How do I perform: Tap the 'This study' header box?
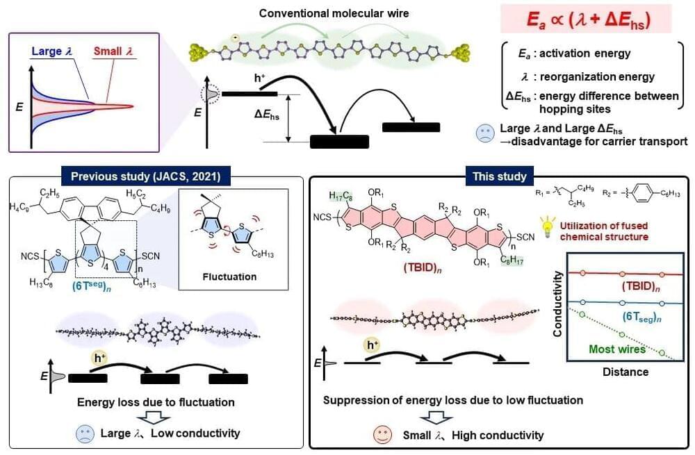pos(500,176)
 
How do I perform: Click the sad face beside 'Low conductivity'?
pos(85,433)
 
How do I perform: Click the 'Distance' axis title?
pos(625,372)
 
